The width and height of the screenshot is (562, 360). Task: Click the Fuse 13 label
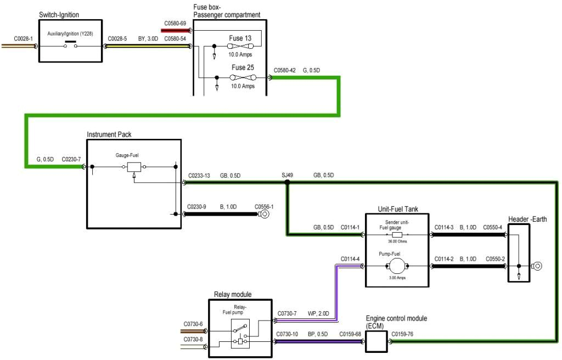[x=240, y=38]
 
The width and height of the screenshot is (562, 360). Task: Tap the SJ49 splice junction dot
[x=287, y=183]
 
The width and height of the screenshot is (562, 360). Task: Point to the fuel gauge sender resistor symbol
[x=397, y=234]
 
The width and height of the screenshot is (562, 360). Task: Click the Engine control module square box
[x=376, y=341]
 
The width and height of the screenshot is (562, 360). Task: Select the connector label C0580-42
[x=284, y=70]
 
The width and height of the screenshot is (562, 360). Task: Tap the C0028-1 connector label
[x=23, y=39]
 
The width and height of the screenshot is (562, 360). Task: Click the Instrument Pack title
[x=109, y=134]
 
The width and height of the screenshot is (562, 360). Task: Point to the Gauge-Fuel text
[x=127, y=156]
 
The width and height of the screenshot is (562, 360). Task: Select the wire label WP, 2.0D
[x=318, y=313]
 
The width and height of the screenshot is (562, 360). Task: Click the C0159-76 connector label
[x=402, y=333]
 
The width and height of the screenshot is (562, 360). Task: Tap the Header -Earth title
[x=527, y=219]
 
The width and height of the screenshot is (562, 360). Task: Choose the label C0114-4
[x=350, y=258]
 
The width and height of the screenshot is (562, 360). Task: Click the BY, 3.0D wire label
[x=148, y=39]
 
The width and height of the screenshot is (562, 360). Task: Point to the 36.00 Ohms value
[x=397, y=241]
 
